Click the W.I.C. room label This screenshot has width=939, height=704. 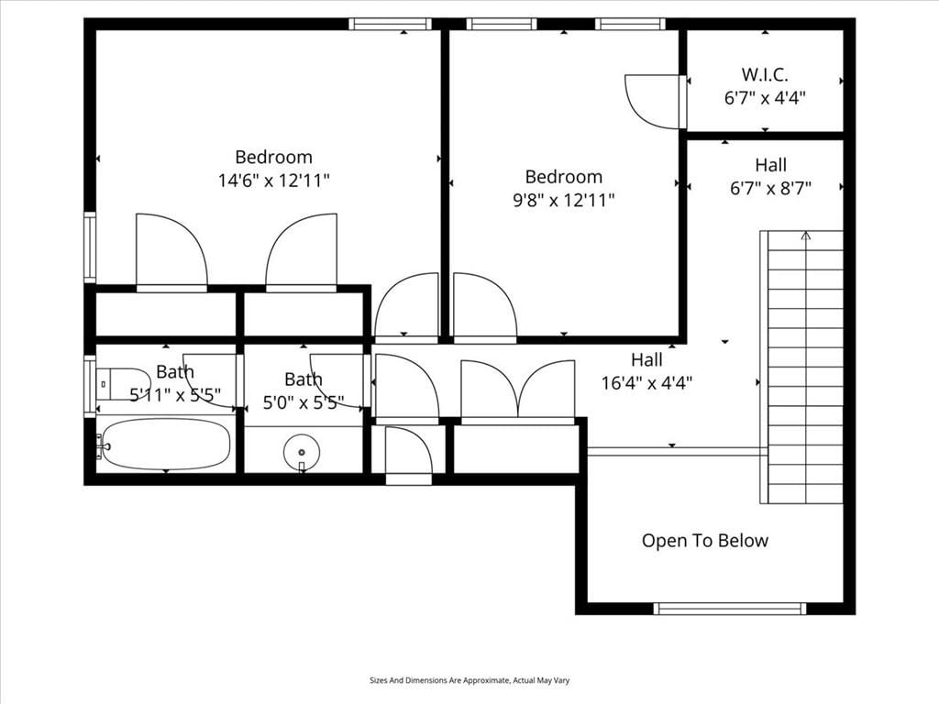pos(765,75)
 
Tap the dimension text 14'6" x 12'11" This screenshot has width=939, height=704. pos(273,181)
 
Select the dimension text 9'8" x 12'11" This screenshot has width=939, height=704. pos(564,200)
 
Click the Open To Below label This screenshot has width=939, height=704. pos(705,541)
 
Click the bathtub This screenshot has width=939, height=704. pos(166,444)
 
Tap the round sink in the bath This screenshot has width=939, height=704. pos(301,452)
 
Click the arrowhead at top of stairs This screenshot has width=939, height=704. pos(806,236)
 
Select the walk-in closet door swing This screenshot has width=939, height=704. pos(653,103)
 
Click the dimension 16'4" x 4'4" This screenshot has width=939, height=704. pos(646,382)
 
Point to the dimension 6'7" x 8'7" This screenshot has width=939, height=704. pos(770,188)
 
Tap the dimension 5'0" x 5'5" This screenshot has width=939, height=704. pos(304,402)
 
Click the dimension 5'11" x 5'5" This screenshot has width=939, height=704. pos(175,394)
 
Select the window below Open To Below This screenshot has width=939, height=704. pos(729,609)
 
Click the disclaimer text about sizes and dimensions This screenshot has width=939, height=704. pos(469,680)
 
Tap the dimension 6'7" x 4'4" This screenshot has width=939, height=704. pos(765,97)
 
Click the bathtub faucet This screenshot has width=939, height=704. pos(103,445)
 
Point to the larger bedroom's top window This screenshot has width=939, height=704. pos(391,24)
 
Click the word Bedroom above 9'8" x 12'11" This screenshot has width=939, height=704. pos(564,177)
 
